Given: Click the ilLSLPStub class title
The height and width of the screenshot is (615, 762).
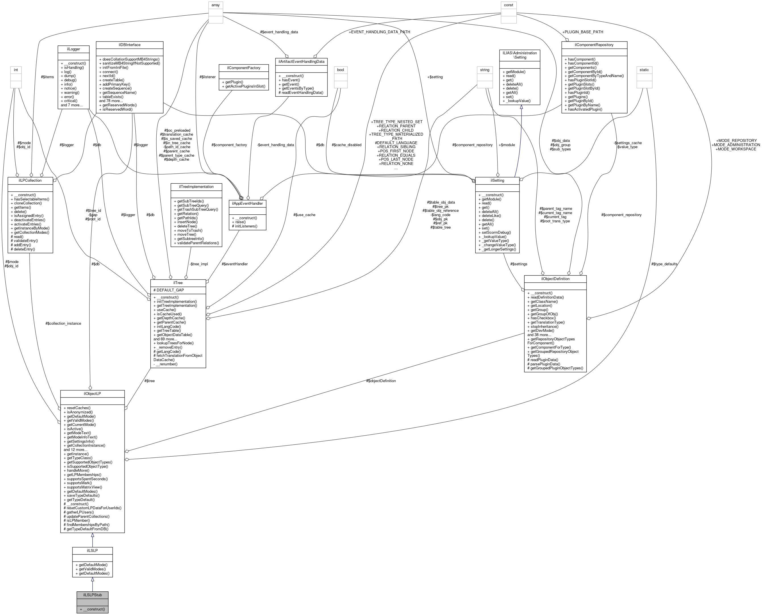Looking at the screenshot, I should pos(92,595).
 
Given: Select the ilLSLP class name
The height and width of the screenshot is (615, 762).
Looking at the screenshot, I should pos(92,550).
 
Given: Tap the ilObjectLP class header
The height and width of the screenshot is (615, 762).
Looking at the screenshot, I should pos(92,394).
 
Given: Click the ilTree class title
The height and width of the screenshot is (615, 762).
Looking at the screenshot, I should pos(178,283).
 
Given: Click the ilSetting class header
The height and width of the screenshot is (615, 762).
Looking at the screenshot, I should pos(497,180).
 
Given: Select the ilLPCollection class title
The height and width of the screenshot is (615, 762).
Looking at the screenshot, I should pos(30,180).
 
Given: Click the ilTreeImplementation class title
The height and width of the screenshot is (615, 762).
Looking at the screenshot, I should pos(196,186).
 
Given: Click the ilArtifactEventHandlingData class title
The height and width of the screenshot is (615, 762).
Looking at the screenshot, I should pos(301,61).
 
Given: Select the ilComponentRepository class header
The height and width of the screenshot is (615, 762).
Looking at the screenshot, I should pos(594,45).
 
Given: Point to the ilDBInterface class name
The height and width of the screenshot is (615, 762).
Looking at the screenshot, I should pos(129,45).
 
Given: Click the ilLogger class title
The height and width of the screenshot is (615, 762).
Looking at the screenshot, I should pos(73,49).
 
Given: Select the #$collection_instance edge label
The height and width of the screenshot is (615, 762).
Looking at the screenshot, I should pos(63,324).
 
